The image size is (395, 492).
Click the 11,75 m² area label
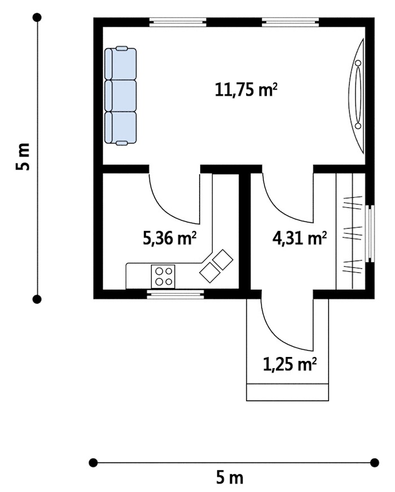pyautogui.click(x=246, y=89)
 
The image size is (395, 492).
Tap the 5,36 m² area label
pyautogui.click(x=170, y=238)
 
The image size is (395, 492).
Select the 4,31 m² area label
pyautogui.click(x=300, y=238)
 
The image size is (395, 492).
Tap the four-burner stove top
pyautogui.click(x=163, y=276)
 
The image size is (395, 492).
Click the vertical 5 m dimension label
pyautogui.click(x=23, y=157)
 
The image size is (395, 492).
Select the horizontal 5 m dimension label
pyautogui.click(x=230, y=478)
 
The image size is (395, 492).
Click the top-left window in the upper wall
pyautogui.click(x=178, y=21)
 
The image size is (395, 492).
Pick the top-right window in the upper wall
pyautogui.click(x=290, y=21)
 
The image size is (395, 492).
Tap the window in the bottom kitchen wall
pyautogui.click(x=175, y=294)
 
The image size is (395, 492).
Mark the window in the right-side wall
pyautogui.click(x=371, y=233)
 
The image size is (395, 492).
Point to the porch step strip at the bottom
pyautogui.click(x=287, y=392)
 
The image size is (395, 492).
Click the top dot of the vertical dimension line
pyautogui.click(x=37, y=17)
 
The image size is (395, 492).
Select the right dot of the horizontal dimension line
pyautogui.click(x=375, y=463)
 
